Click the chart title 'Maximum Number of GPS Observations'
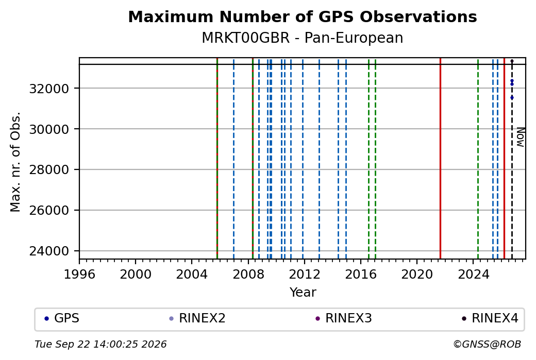pos(303,16)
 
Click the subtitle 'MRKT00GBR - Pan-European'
pos(303,38)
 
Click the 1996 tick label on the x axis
pos(79,275)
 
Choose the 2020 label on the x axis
pos(417,275)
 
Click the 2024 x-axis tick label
pos(473,275)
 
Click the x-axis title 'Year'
pos(303,293)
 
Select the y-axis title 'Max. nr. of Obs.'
pos(15,162)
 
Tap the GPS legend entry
pos(62,318)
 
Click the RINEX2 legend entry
pos(197,318)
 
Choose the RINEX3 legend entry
pos(344,318)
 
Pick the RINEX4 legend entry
pos(490,318)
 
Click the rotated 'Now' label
pos(520,137)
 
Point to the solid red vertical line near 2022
pos(440,159)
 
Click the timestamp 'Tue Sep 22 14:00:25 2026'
pos(101,344)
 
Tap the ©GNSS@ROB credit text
pos(487,344)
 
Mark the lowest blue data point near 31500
pos(512,98)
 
